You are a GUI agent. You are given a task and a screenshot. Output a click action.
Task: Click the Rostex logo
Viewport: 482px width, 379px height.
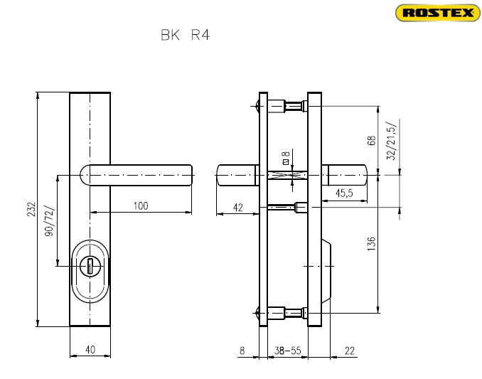438,13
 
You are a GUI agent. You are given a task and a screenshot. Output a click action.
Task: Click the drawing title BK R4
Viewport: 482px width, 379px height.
186,35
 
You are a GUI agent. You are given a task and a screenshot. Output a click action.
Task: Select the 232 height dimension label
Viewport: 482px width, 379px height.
32,209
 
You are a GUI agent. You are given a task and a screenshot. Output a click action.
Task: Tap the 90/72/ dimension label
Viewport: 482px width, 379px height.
50,220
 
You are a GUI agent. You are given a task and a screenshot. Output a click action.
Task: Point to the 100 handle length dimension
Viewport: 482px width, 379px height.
141,205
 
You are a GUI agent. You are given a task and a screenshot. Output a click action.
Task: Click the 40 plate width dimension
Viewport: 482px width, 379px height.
90,350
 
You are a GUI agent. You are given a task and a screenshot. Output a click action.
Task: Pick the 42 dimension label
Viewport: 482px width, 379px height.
238,208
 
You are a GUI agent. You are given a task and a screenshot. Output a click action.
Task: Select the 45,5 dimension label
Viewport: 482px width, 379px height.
344,193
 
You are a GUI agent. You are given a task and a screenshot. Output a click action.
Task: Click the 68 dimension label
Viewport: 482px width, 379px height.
371,140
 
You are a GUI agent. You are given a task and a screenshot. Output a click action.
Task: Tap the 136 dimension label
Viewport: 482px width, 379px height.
371,244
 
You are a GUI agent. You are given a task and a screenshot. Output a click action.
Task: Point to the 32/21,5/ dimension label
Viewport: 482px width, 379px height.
392,140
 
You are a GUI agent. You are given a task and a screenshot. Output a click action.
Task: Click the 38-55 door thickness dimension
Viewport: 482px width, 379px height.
287,351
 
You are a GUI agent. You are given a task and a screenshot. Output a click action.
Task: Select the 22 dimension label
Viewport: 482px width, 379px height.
350,351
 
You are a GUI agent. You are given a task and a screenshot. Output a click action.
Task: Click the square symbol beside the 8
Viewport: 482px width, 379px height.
286,161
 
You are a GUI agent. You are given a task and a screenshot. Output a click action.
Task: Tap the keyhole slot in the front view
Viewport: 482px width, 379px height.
90,266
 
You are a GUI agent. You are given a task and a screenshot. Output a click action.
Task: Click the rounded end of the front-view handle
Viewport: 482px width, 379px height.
85,175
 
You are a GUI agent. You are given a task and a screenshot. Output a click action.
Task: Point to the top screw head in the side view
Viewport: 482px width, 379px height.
257,107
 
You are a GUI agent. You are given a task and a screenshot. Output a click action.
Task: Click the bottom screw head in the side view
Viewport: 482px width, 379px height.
257,313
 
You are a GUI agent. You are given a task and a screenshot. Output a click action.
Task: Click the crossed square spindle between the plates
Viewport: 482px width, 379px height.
287,175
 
